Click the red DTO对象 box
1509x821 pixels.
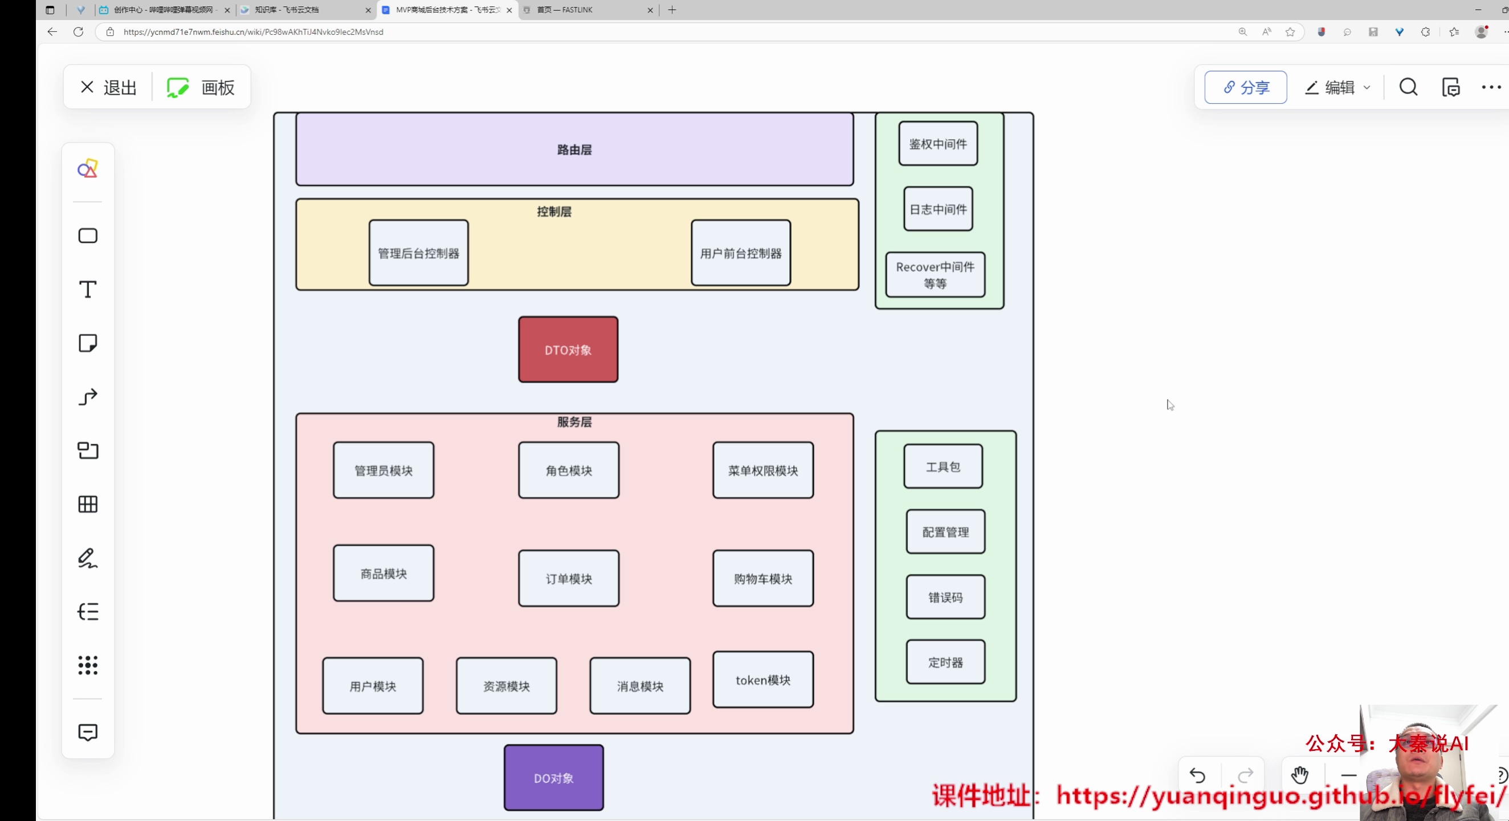(568, 350)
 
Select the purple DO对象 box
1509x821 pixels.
(553, 778)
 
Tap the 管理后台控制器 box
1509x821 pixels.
(418, 253)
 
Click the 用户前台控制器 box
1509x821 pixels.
(740, 253)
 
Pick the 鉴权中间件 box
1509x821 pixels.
(938, 144)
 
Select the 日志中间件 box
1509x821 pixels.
(938, 209)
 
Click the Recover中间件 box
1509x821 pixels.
(935, 275)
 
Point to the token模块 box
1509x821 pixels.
(762, 680)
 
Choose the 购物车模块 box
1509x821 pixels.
(762, 578)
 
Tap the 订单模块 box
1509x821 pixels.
(568, 578)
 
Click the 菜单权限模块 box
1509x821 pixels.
(762, 470)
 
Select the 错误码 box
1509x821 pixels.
(945, 597)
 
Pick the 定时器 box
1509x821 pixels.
(945, 662)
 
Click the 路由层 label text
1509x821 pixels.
(574, 150)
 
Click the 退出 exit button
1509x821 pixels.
(109, 87)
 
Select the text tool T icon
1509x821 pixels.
(88, 290)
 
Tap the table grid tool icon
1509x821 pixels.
(88, 505)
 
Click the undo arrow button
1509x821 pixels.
(1197, 776)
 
